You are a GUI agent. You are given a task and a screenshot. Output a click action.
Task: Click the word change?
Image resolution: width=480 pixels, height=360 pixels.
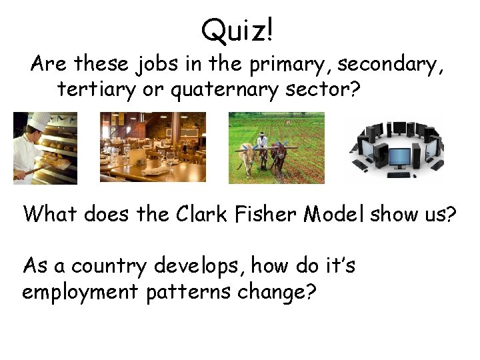click(x=281, y=293)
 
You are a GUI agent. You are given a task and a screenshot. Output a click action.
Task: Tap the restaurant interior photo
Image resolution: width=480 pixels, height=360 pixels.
click(x=153, y=147)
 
